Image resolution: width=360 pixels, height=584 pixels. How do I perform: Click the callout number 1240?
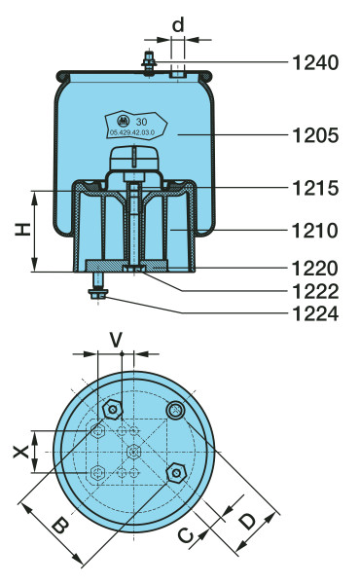pos(315,62)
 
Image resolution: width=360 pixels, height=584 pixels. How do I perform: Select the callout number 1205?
pos(315,135)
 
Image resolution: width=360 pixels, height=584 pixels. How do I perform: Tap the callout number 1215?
pos(315,188)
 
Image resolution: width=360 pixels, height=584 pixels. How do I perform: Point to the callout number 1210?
pos(315,230)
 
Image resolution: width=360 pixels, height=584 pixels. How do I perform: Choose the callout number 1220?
pos(315,269)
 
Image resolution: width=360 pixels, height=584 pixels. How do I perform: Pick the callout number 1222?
pos(315,291)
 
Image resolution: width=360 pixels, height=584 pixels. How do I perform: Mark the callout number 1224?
pos(315,313)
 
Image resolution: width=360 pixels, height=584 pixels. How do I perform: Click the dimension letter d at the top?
pos(178,24)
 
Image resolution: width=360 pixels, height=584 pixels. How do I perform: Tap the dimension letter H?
pos(22,230)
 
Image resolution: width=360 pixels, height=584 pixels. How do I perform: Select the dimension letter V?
pos(116,340)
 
